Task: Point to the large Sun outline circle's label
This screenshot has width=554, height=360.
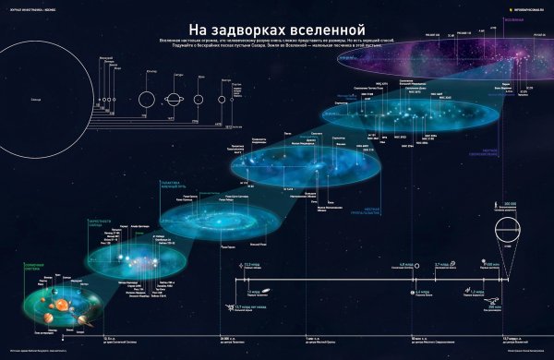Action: click(35, 98)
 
